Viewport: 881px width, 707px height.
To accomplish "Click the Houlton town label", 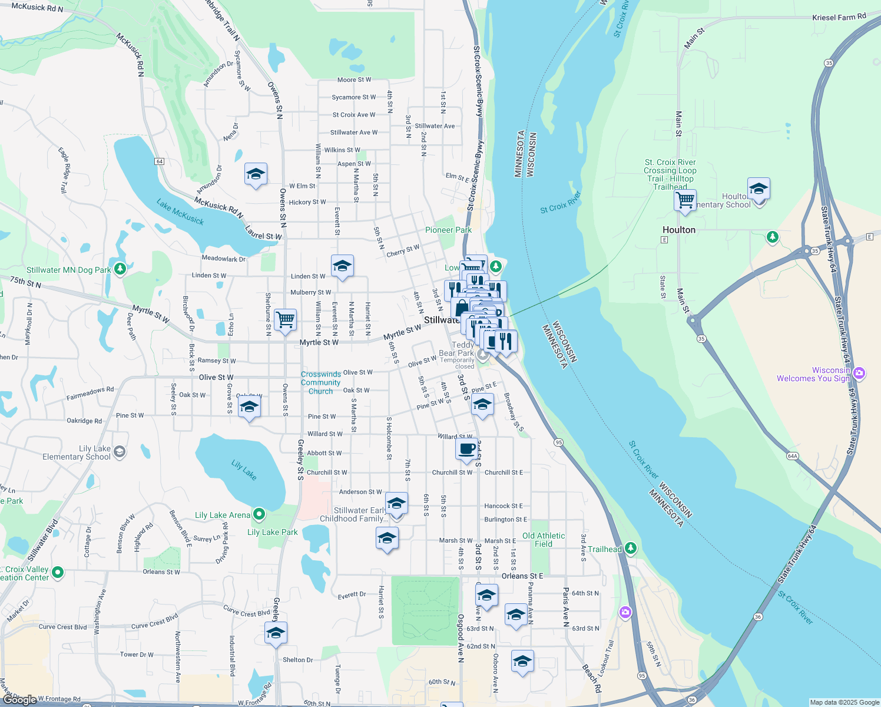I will pyautogui.click(x=679, y=230).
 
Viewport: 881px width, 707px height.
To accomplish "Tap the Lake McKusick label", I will pyautogui.click(x=180, y=212).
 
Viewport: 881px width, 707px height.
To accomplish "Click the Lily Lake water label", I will pyautogui.click(x=244, y=470).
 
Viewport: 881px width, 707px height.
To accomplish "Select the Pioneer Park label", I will pyautogui.click(x=448, y=230).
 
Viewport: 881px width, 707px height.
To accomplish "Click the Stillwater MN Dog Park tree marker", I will pyautogui.click(x=120, y=269).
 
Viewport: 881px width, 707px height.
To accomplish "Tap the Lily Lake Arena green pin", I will pyautogui.click(x=259, y=514).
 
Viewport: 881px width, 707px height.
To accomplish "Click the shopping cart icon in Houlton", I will pyautogui.click(x=685, y=201).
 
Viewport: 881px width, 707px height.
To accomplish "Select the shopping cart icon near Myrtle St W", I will pyautogui.click(x=286, y=320).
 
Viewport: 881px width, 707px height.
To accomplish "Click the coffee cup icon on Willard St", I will pyautogui.click(x=467, y=449).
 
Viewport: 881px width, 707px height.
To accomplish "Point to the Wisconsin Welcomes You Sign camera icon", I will pyautogui.click(x=859, y=372).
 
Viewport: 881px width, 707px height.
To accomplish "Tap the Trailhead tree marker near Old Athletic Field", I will pyautogui.click(x=631, y=549).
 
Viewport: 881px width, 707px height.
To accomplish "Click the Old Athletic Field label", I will pyautogui.click(x=544, y=540).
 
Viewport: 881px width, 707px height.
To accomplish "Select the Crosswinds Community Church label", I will pyautogui.click(x=320, y=382).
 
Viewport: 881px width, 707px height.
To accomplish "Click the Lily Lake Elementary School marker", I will pyautogui.click(x=120, y=452).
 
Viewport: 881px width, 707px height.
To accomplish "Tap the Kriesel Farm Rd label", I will pyautogui.click(x=839, y=17).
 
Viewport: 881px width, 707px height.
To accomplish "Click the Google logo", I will pyautogui.click(x=19, y=699).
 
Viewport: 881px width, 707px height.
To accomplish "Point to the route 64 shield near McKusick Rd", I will pyautogui.click(x=160, y=161).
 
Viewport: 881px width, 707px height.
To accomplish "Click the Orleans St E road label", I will pyautogui.click(x=522, y=576).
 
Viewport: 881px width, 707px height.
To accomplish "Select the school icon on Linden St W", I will pyautogui.click(x=342, y=266).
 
